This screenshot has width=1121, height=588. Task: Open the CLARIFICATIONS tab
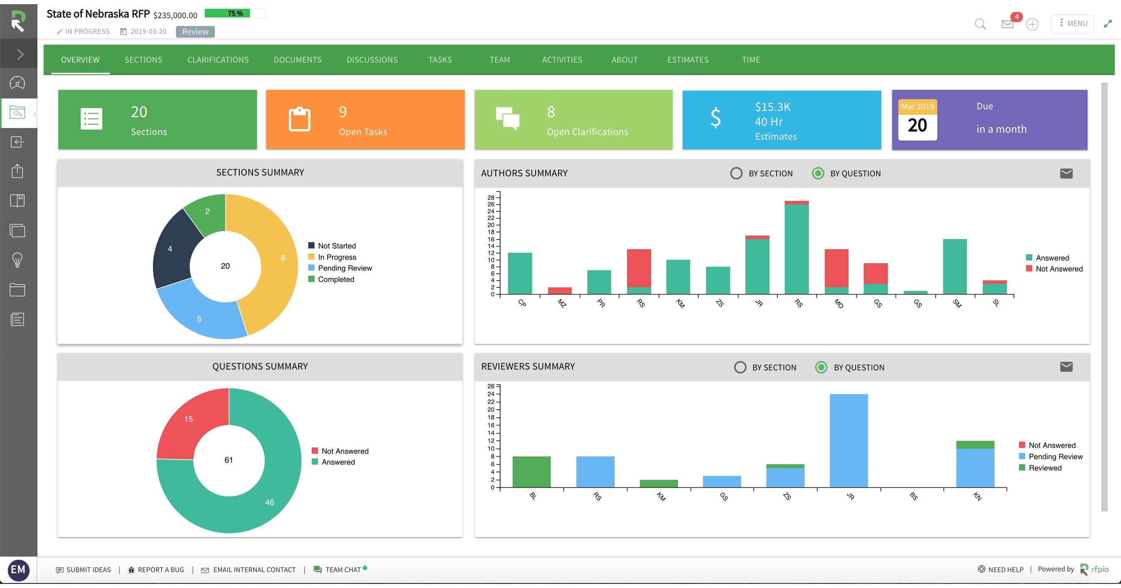218,59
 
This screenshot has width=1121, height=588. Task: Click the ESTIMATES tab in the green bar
688,59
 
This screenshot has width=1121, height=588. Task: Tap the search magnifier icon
980,24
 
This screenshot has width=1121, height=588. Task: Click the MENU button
1073,24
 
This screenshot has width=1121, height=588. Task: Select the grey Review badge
195,32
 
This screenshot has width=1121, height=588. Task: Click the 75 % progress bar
235,13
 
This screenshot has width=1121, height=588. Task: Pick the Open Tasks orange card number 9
343,112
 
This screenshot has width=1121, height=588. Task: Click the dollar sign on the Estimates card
715,119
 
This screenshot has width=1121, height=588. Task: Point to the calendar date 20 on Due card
917,126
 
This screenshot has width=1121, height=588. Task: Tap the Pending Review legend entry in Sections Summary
345,268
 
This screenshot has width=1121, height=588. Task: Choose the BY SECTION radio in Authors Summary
736,173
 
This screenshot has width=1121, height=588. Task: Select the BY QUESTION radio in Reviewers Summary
821,367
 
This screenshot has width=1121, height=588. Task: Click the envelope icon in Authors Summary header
1066,173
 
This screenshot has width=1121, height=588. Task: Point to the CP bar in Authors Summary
520,273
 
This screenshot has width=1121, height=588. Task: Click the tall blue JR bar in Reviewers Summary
848,440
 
